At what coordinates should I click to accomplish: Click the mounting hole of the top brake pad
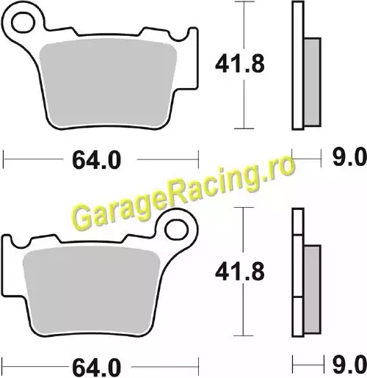pos(23,23)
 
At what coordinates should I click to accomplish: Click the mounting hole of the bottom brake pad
pos(176,230)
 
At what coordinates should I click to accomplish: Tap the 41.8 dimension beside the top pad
pos(240,64)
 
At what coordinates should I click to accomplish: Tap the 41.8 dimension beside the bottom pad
pos(240,271)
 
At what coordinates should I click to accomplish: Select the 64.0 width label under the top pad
pos(96,160)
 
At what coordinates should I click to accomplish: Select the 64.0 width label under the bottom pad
pos(96,368)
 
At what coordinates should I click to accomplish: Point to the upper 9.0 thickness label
pos(350,157)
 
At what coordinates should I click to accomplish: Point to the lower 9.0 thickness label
pos(350,365)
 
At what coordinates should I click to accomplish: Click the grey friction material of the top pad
pos(108,83)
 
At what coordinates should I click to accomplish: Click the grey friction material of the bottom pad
pos(91,291)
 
